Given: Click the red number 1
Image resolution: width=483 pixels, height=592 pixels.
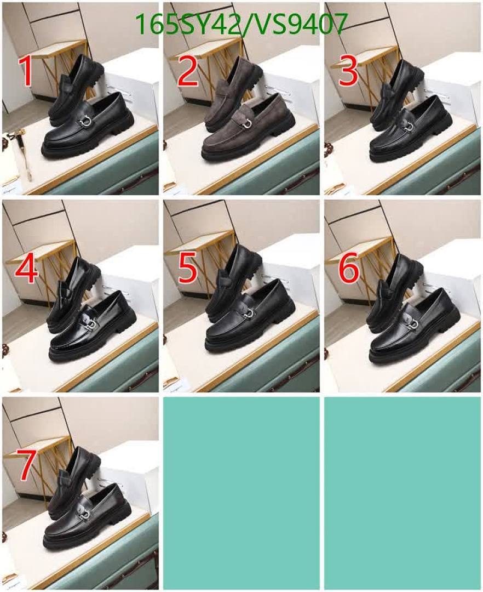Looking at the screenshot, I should point(25,71).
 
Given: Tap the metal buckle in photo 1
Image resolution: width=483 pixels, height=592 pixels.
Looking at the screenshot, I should point(85,121).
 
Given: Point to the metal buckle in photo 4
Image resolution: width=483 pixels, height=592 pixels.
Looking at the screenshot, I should point(90,325).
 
